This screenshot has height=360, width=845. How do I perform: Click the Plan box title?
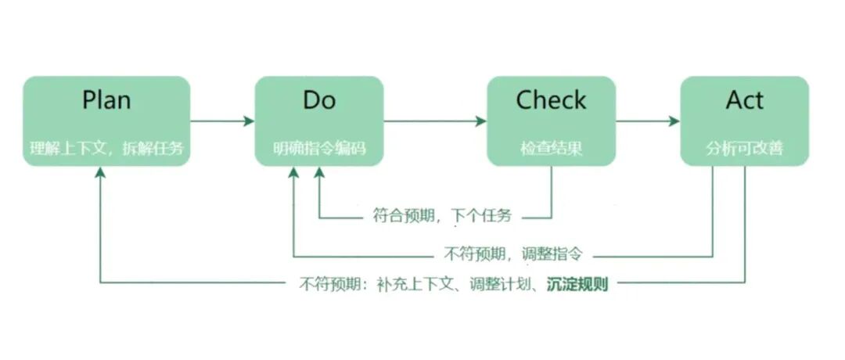[106, 101]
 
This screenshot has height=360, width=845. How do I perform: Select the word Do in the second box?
[318, 101]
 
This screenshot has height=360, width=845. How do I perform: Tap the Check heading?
[551, 101]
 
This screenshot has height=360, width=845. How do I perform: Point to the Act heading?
[744, 101]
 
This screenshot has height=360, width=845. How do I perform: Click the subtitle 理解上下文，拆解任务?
[106, 149]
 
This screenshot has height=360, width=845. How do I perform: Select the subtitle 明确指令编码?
[318, 149]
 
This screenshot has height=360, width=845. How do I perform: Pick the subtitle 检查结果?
[551, 149]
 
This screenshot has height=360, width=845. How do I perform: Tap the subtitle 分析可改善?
[744, 149]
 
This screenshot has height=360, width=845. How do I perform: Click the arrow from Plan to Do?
[222, 121]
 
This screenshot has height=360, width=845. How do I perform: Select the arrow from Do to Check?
[434, 121]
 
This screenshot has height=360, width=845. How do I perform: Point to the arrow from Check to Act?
[647, 121]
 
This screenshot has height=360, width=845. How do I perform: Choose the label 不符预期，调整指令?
[513, 254]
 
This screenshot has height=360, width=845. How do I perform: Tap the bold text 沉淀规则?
[577, 283]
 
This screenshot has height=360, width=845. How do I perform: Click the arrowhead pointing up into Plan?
[100, 174]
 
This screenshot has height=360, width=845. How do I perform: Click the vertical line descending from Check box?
[551, 192]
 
